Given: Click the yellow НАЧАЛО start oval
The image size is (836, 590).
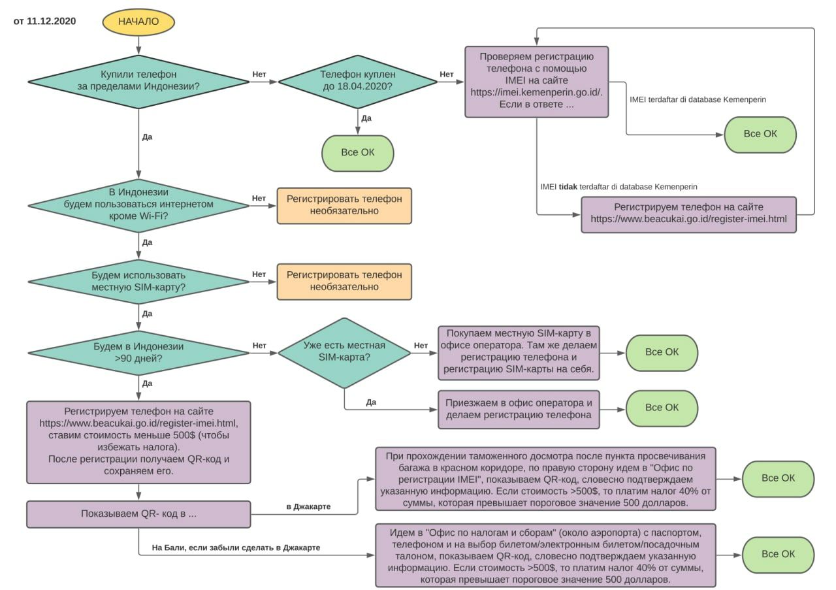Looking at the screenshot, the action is pyautogui.click(x=138, y=22).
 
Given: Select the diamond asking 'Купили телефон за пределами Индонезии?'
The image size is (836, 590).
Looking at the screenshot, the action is pyautogui.click(x=138, y=82).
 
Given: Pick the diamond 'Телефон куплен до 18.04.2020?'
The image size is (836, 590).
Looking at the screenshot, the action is pyautogui.click(x=357, y=82).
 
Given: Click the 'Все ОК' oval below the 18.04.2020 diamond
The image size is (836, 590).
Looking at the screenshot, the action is pyautogui.click(x=357, y=153).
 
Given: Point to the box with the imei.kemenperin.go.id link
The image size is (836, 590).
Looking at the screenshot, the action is pyautogui.click(x=537, y=82).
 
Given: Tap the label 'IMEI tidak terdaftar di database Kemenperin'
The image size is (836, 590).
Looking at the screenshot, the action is pyautogui.click(x=619, y=187).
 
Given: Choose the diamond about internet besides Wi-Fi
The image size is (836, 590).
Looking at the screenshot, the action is pyautogui.click(x=138, y=206).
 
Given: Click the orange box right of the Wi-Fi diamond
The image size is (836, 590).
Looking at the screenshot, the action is pyautogui.click(x=344, y=206).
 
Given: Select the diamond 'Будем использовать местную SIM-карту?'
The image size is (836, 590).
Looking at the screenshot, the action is pyautogui.click(x=138, y=282).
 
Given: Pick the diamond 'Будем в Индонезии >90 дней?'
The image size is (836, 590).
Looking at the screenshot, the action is pyautogui.click(x=138, y=353).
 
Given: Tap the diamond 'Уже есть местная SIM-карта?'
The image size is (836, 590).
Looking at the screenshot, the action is pyautogui.click(x=344, y=353).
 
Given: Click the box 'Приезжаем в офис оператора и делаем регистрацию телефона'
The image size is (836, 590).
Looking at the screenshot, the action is pyautogui.click(x=519, y=409).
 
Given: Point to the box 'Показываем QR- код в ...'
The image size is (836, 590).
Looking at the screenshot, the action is pyautogui.click(x=138, y=514).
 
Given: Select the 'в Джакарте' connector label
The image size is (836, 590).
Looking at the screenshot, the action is pyautogui.click(x=308, y=507).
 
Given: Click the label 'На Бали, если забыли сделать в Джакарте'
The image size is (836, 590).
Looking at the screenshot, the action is pyautogui.click(x=236, y=548).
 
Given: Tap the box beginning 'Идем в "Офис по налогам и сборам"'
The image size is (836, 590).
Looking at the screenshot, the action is pyautogui.click(x=545, y=555).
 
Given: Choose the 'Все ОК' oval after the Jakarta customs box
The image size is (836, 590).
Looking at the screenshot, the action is pyautogui.click(x=778, y=479).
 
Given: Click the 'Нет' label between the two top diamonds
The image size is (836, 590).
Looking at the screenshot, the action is pyautogui.click(x=259, y=74).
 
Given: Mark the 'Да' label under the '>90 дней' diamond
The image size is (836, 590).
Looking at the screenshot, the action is pyautogui.click(x=147, y=384).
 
